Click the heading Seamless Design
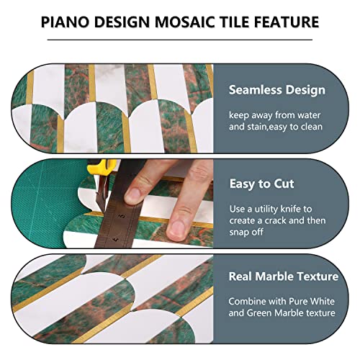(277, 91)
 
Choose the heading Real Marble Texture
(283, 276)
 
